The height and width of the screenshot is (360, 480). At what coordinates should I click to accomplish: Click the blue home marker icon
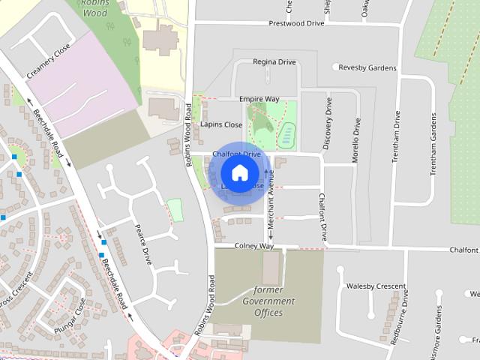(x=239, y=173)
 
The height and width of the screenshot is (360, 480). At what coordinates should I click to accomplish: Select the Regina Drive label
(x=275, y=61)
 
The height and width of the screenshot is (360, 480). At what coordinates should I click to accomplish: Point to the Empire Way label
(x=259, y=99)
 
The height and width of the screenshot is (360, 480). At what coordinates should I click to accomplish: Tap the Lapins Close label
(x=221, y=124)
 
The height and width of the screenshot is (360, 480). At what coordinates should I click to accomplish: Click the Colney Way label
(x=253, y=246)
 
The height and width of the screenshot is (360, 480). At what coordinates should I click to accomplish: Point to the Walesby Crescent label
(x=376, y=286)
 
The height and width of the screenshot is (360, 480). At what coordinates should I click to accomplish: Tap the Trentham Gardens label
(x=433, y=144)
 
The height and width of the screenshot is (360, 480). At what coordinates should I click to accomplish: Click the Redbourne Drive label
(x=406, y=316)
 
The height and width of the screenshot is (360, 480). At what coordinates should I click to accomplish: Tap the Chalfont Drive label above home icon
(x=236, y=154)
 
